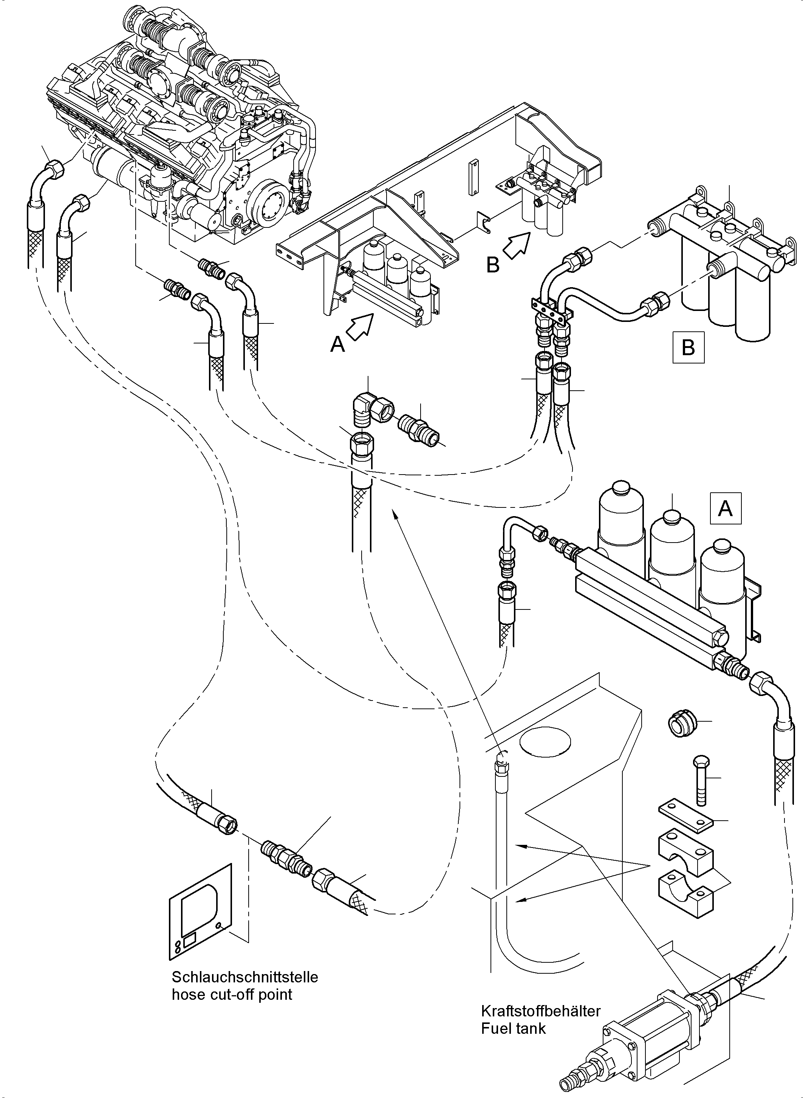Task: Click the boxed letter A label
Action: pos(725,509)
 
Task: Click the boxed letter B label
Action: pos(688,348)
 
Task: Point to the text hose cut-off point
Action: pos(232,994)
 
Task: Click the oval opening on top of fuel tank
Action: pos(545,743)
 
